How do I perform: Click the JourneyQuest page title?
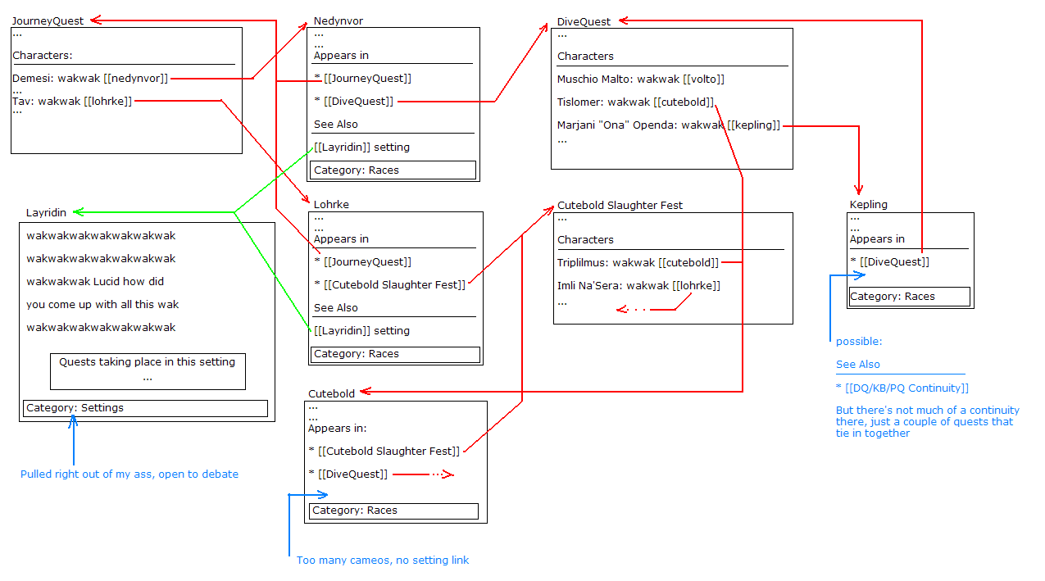[x=48, y=21]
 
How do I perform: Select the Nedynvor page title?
[x=338, y=21]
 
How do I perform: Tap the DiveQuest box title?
[x=584, y=22]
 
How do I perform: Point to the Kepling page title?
[x=869, y=205]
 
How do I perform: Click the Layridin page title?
[x=47, y=213]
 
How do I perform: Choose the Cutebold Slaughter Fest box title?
[x=620, y=206]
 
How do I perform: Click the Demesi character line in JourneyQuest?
[x=90, y=79]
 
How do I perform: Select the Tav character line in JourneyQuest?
[x=72, y=101]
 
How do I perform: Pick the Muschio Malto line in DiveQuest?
[x=641, y=79]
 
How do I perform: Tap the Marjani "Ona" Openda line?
[x=669, y=125]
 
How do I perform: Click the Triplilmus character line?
[x=638, y=263]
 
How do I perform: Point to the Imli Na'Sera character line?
[x=638, y=286]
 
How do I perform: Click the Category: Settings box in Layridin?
[x=145, y=408]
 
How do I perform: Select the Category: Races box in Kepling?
[x=909, y=297]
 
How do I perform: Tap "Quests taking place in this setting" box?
[x=148, y=370]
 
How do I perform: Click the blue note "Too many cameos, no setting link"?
[x=383, y=561]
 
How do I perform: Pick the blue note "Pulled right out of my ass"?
[x=129, y=474]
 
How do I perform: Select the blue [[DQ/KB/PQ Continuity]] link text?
[x=902, y=388]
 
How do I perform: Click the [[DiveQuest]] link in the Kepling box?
[x=889, y=262]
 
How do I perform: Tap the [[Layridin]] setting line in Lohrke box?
[x=361, y=331]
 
